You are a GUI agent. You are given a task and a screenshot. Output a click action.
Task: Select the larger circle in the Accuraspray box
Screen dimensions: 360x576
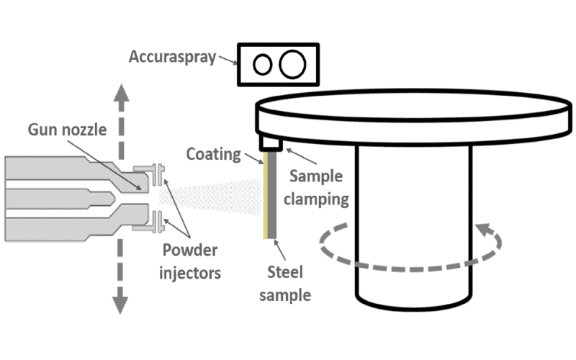pos(292,64)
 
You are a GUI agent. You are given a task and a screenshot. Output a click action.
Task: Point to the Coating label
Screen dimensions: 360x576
pos(214,153)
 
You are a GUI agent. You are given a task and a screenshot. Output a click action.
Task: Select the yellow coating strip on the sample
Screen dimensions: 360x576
pos(266,195)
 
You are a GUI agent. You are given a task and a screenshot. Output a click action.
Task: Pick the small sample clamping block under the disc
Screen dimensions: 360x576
pos(271,143)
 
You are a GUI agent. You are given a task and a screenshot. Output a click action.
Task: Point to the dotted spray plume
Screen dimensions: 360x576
pos(216,196)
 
